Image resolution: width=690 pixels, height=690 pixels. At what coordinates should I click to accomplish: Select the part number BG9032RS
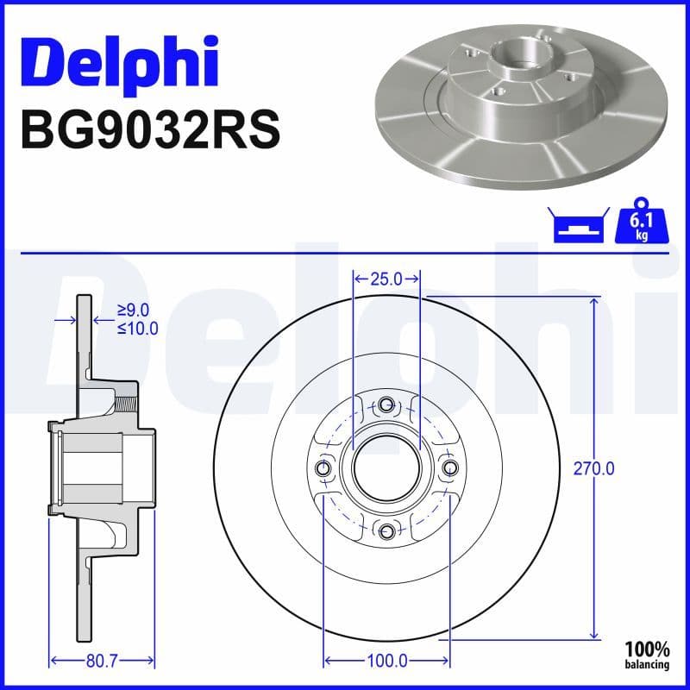click(x=148, y=131)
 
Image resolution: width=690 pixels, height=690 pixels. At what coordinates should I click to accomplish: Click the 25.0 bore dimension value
click(x=386, y=279)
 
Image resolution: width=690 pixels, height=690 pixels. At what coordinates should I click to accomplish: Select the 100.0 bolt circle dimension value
click(x=386, y=662)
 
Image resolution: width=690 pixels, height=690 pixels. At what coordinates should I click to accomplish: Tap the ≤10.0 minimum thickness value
click(x=137, y=328)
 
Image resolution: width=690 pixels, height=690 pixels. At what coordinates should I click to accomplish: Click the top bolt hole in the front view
click(x=386, y=404)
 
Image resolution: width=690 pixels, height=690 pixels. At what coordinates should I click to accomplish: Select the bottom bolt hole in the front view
click(x=386, y=531)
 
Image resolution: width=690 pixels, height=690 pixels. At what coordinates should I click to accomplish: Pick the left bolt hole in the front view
click(x=323, y=467)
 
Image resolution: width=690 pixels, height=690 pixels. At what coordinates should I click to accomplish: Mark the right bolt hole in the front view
click(x=450, y=467)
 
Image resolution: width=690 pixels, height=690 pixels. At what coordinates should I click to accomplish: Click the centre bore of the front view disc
click(x=386, y=467)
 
